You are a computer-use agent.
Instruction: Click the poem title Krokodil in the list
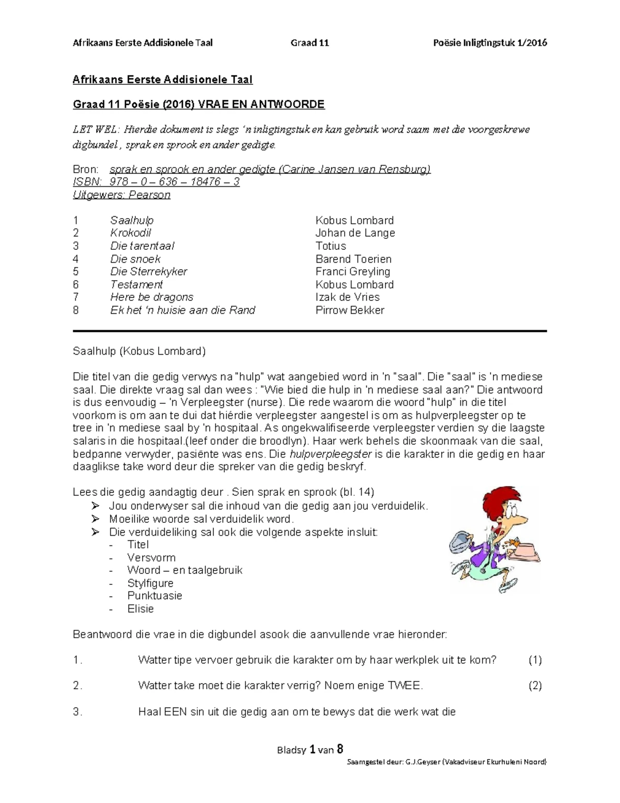[x=130, y=233]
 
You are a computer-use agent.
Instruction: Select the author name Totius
[x=331, y=246]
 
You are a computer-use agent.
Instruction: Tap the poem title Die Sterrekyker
[x=148, y=271]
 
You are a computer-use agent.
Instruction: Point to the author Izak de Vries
[x=347, y=297]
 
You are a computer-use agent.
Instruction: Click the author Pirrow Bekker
[x=350, y=310]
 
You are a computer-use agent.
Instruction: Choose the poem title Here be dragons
[x=151, y=297]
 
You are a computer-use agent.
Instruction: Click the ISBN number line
[x=156, y=182]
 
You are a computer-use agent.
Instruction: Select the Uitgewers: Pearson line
[x=121, y=195]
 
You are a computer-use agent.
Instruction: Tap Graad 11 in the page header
[x=310, y=43]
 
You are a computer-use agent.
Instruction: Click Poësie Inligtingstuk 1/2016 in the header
[x=490, y=43]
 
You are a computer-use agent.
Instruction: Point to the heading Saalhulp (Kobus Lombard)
[x=139, y=352]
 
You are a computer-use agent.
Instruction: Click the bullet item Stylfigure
[x=150, y=583]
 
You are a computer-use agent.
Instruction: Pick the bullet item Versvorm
[x=151, y=558]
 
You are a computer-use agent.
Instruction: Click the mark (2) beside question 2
[x=535, y=686]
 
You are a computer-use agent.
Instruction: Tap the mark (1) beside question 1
[x=535, y=660]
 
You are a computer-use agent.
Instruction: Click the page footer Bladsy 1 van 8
[x=310, y=749]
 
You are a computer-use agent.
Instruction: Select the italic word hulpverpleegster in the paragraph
[x=331, y=454]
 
